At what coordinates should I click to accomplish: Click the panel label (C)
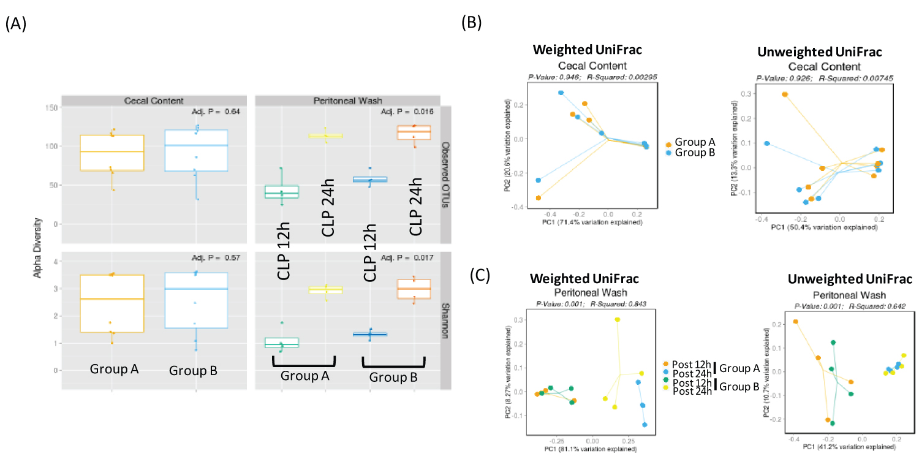tap(480, 275)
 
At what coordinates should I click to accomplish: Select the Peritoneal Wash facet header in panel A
tap(347, 100)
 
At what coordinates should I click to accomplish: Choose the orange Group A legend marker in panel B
tap(668, 144)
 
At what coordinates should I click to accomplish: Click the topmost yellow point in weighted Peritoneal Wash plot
tap(617, 319)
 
